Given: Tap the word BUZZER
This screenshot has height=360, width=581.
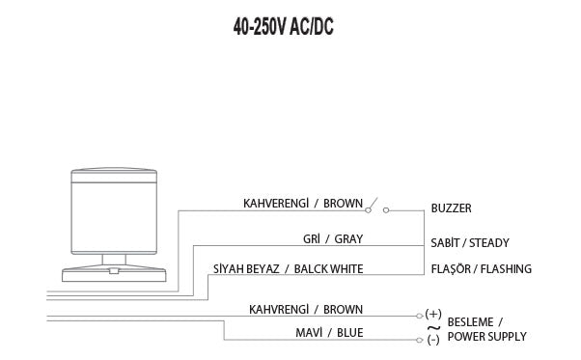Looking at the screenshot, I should pyautogui.click(x=451, y=208).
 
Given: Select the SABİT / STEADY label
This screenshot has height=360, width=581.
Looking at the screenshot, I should pyautogui.click(x=470, y=243).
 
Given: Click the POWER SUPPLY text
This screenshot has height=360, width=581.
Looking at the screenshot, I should pyautogui.click(x=485, y=337).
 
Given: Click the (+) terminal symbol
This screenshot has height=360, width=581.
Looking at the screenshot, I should pyautogui.click(x=432, y=315).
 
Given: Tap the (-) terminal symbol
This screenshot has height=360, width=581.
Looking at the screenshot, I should pyautogui.click(x=432, y=340).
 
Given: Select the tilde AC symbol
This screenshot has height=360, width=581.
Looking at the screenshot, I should pyautogui.click(x=432, y=327).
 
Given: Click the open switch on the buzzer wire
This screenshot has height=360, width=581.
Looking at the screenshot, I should pyautogui.click(x=376, y=206).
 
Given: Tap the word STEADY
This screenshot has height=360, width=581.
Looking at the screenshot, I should pyautogui.click(x=488, y=243).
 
